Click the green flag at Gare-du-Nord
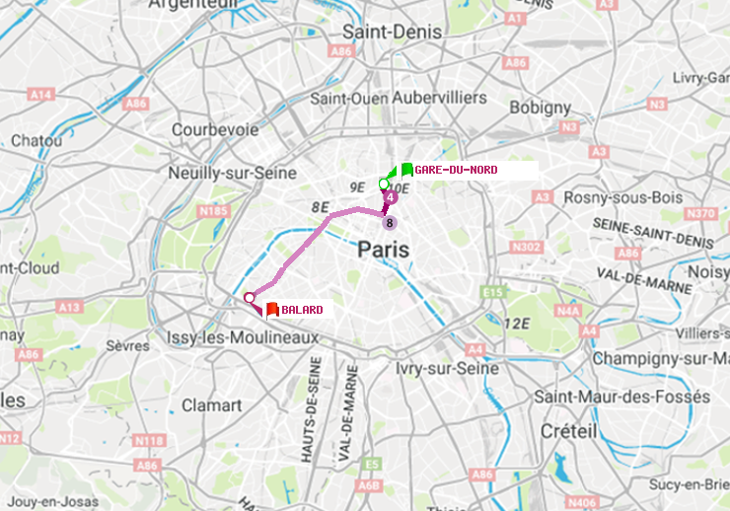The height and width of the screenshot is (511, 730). point(406,170)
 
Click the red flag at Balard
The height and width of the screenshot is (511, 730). point(272,309)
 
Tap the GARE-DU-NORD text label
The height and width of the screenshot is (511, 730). point(456,170)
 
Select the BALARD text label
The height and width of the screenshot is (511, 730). point(302,310)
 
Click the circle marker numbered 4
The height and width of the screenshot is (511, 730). point(391,198)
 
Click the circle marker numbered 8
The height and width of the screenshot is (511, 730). point(390,222)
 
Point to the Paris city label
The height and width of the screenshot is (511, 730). point(384,251)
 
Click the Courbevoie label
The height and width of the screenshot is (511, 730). point(214,129)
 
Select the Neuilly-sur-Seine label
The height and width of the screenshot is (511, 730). point(233,172)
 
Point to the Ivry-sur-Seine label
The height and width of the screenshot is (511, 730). point(446,368)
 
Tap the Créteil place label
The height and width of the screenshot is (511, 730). point(568,431)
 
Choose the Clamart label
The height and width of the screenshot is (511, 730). point(211,404)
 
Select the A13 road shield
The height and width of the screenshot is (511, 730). point(69,308)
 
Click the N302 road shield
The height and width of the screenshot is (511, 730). point(528,247)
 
